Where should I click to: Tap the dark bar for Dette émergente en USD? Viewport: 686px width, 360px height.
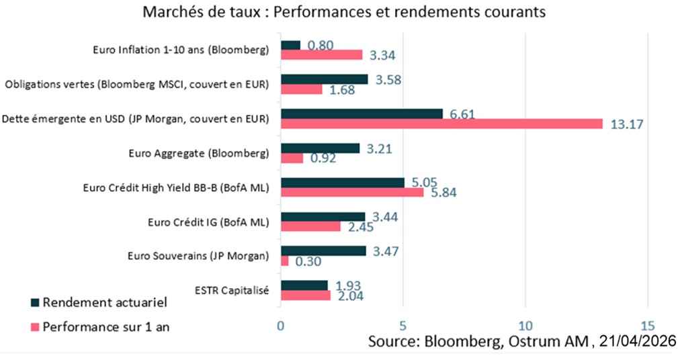tap(361, 113)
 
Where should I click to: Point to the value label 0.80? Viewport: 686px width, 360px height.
tap(320, 46)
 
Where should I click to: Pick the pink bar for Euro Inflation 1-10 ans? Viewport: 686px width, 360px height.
tap(321, 55)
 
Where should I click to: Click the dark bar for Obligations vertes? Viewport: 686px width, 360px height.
tap(324, 79)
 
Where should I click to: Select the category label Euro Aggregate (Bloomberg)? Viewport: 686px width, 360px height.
tap(199, 152)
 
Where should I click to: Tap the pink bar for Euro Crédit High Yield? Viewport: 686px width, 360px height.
tap(352, 192)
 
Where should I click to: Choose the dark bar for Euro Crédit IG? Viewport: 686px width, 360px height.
tap(323, 216)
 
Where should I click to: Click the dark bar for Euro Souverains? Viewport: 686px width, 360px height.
tap(323, 251)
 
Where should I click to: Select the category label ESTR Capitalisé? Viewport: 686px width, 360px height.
tap(232, 290)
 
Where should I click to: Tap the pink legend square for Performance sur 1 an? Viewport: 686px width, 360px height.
tap(35, 328)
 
